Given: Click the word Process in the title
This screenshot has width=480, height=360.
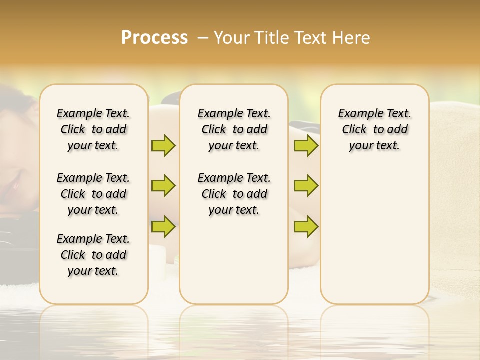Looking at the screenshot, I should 154,38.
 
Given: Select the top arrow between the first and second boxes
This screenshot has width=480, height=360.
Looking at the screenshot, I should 163,145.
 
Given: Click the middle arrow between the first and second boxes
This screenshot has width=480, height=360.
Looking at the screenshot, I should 163,186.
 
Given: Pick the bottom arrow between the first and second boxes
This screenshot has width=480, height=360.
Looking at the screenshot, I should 163,226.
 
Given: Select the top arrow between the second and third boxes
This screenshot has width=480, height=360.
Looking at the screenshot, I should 306,145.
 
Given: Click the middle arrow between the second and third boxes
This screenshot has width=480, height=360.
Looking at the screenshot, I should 306,186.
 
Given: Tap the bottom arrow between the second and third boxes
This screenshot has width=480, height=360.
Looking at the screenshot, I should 306,226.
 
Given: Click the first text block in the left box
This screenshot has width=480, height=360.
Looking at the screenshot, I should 93,129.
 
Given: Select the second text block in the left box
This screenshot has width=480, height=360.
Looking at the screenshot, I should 93,194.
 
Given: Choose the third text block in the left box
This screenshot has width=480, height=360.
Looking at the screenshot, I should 93,255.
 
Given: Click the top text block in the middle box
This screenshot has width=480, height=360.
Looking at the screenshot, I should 234,129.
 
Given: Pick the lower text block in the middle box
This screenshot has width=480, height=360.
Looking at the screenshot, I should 234,194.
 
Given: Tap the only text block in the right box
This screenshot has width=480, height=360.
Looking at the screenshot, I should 374,129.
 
